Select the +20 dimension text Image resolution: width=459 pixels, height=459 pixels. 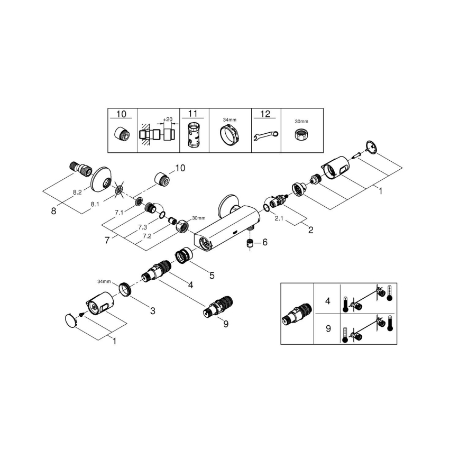point(168,119)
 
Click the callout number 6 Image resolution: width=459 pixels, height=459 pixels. point(265,242)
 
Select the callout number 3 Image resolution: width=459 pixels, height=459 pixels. point(152,311)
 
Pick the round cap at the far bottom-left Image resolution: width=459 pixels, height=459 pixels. point(69,320)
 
